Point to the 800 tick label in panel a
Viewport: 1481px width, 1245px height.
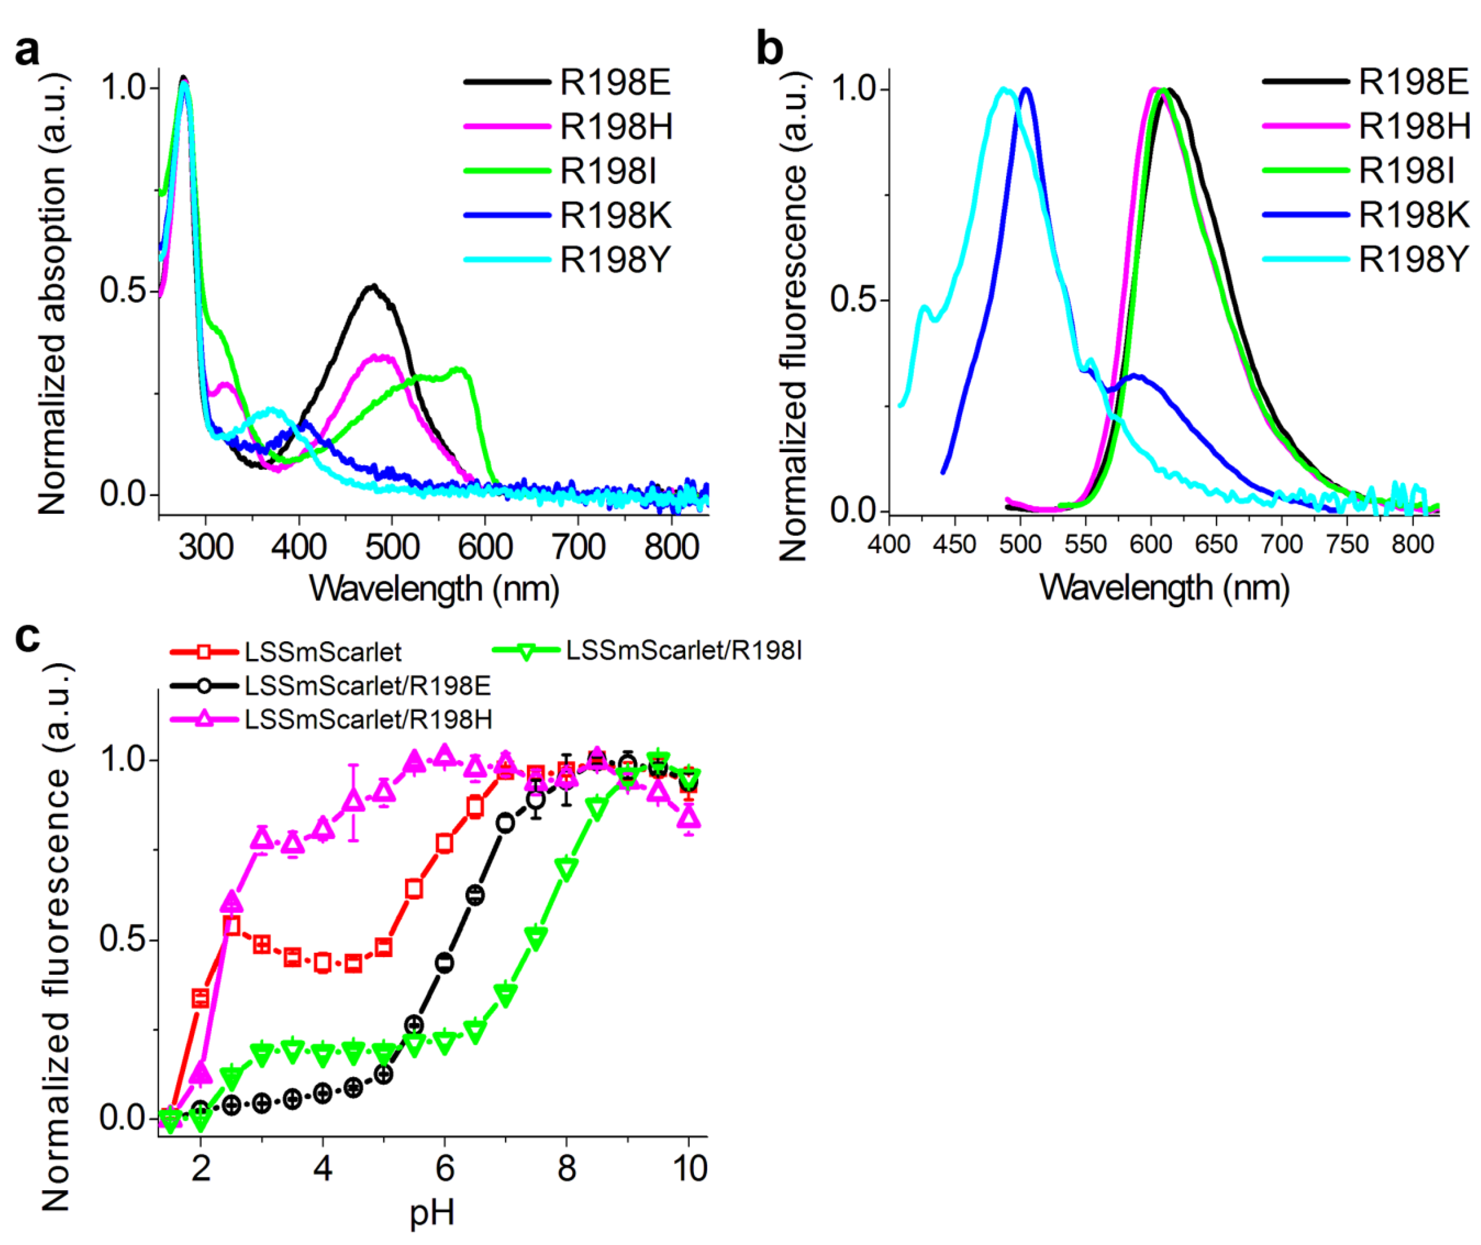[x=671, y=548]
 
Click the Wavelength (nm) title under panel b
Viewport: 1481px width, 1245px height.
[x=1164, y=587]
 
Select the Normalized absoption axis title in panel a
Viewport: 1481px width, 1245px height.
[x=53, y=293]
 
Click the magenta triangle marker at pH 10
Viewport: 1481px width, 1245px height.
[x=689, y=817]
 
